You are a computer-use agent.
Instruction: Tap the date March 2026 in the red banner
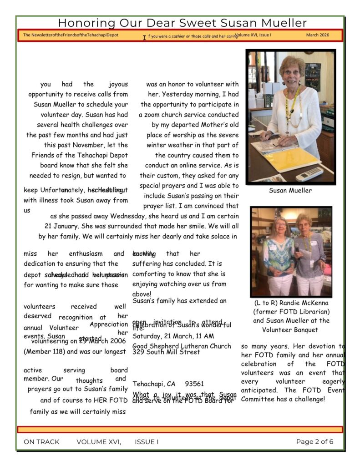pyautogui.click(x=317, y=35)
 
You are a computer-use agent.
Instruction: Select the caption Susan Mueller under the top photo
pyautogui.click(x=290, y=191)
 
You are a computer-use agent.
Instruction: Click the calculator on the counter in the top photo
pyautogui.click(x=309, y=174)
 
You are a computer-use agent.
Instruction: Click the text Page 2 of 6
pyautogui.click(x=314, y=441)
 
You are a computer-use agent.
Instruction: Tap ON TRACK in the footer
pyautogui.click(x=41, y=441)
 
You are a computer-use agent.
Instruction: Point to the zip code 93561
pyautogui.click(x=194, y=384)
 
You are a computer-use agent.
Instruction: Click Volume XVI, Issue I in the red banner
pyautogui.click(x=253, y=35)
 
